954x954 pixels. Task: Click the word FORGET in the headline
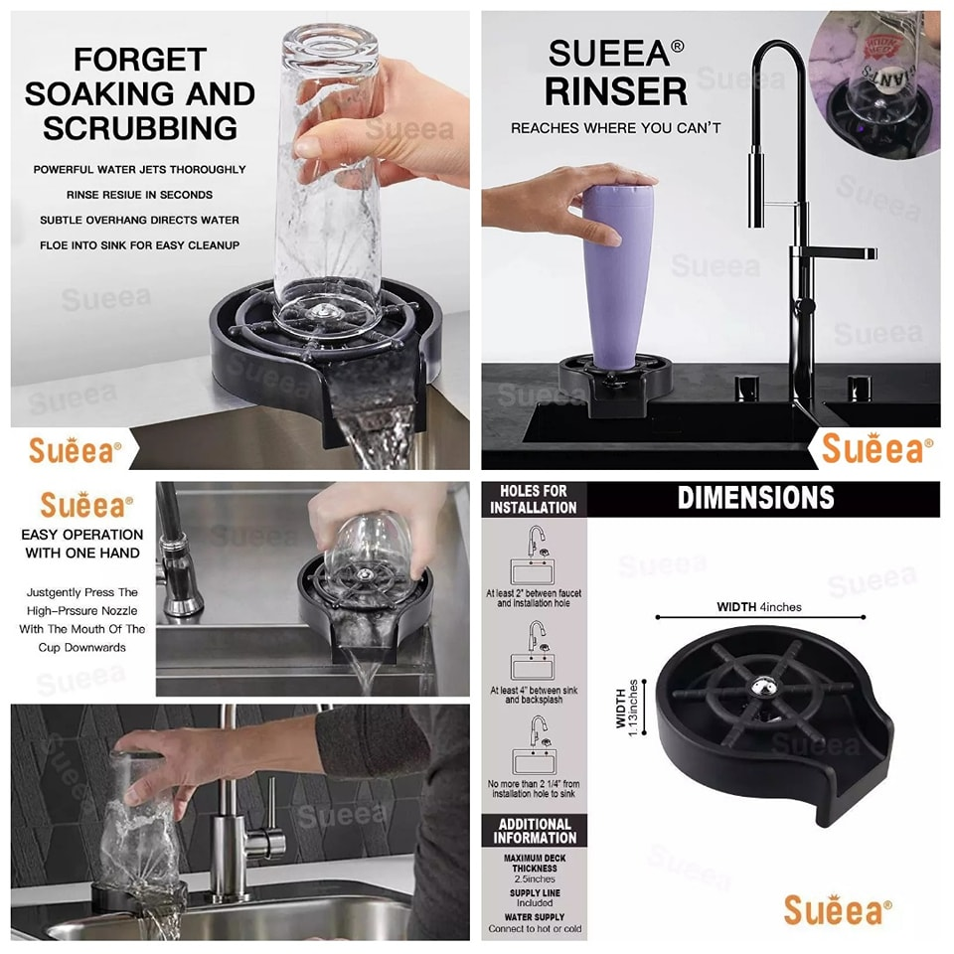click(x=140, y=60)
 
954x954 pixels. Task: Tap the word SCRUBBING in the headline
click(x=140, y=128)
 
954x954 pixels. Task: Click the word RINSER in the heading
click(x=616, y=91)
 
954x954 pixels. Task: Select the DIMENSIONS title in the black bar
click(x=755, y=498)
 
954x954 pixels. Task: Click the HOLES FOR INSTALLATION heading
click(x=534, y=500)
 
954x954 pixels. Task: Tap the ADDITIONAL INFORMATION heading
click(x=535, y=831)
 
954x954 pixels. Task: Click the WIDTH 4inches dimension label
click(x=758, y=607)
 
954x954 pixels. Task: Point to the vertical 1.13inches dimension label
click(x=627, y=708)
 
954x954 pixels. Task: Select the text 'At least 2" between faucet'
click(x=534, y=593)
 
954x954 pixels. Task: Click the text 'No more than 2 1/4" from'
click(x=534, y=784)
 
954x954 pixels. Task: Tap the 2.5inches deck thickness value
click(x=535, y=879)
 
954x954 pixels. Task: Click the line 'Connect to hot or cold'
click(x=535, y=929)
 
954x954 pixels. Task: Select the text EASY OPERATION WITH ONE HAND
click(x=82, y=544)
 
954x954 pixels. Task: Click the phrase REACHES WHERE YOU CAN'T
click(x=616, y=128)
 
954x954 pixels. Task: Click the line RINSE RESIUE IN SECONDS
click(x=139, y=195)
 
